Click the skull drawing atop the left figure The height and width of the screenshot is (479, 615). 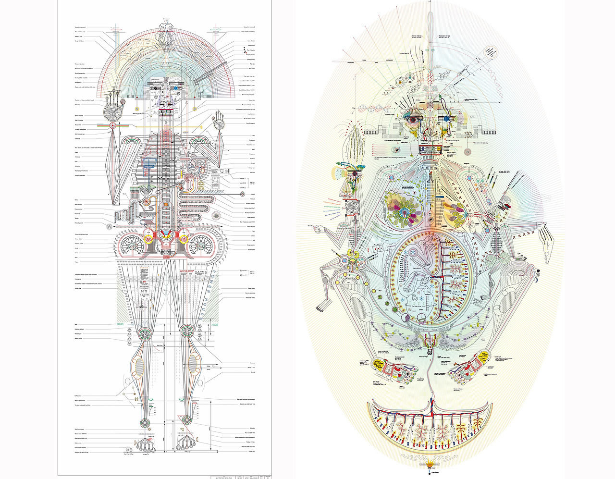click(166, 34)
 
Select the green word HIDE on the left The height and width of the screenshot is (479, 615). click(120, 325)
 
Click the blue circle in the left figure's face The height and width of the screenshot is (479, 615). click(176, 88)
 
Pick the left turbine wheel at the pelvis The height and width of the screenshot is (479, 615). click(131, 245)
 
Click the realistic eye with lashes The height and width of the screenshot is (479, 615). click(413, 118)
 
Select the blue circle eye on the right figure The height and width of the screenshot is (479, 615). click(446, 118)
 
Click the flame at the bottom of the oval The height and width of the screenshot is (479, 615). click(430, 464)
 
